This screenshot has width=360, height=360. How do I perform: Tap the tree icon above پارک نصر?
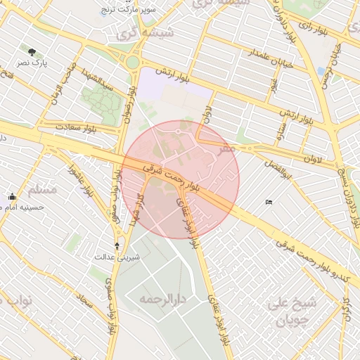[x=32, y=52]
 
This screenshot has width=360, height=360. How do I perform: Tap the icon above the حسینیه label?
[x=12, y=197]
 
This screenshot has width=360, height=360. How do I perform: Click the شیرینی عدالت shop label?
[x=117, y=257]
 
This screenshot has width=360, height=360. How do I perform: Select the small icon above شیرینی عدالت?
[x=117, y=245]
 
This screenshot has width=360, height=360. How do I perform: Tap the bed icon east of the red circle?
[x=269, y=202]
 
